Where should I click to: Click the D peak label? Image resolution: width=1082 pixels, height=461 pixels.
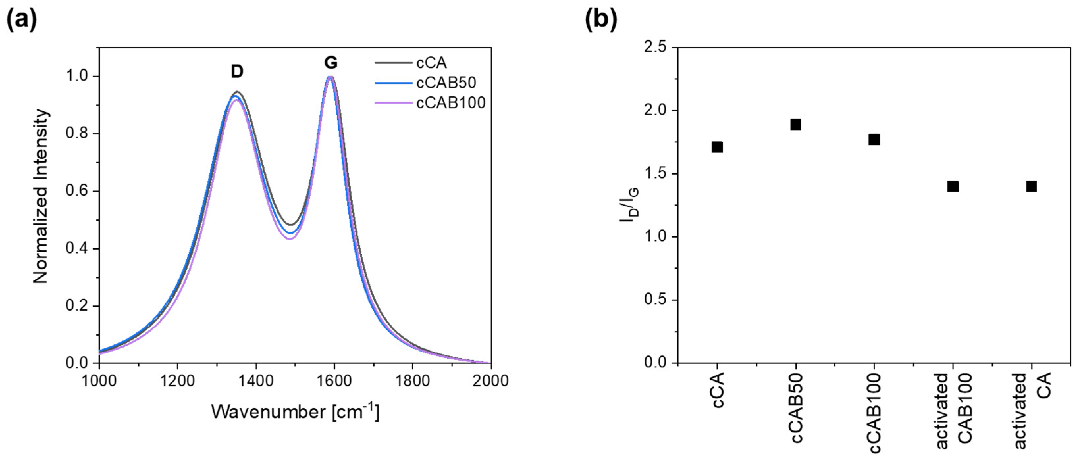click(x=237, y=72)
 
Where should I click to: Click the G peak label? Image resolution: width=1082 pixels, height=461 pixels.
click(x=330, y=63)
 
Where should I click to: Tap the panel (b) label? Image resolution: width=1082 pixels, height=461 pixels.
click(x=601, y=20)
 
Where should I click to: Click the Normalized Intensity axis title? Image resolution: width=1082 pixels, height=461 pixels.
click(x=41, y=196)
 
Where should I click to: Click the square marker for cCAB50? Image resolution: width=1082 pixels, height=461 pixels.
click(x=796, y=124)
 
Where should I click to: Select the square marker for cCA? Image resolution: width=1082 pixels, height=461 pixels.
click(x=717, y=147)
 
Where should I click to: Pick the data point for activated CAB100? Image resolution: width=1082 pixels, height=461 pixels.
click(x=953, y=186)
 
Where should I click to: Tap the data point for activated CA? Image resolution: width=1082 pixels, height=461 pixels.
click(x=1031, y=186)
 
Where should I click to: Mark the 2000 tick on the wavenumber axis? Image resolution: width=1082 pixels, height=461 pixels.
click(x=490, y=380)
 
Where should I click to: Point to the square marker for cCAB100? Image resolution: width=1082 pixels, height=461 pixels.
click(x=874, y=139)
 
